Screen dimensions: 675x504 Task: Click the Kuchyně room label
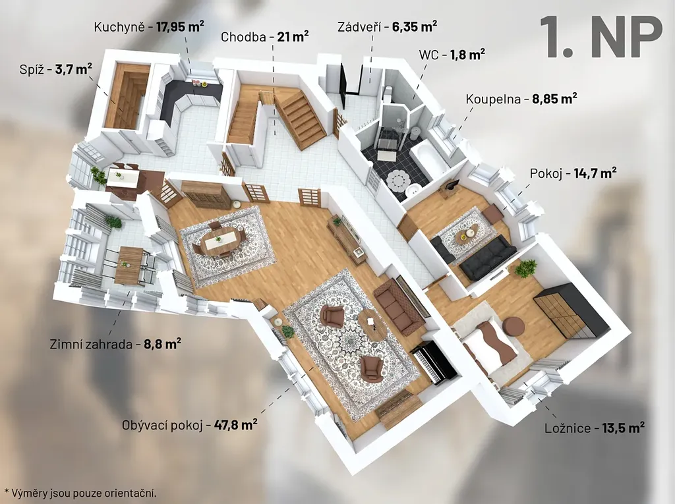point(118,27)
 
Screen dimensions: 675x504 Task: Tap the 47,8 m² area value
point(236,424)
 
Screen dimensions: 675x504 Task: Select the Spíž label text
point(32,69)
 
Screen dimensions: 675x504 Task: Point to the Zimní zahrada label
point(91,345)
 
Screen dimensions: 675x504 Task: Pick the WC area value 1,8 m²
point(468,55)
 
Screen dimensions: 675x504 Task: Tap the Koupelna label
point(493,99)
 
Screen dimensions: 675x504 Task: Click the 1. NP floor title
point(601,37)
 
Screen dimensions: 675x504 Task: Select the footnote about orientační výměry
point(80,493)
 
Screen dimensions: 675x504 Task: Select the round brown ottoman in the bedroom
point(512,326)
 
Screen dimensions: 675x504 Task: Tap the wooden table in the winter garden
point(129,265)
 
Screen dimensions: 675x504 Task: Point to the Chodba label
point(243,37)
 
